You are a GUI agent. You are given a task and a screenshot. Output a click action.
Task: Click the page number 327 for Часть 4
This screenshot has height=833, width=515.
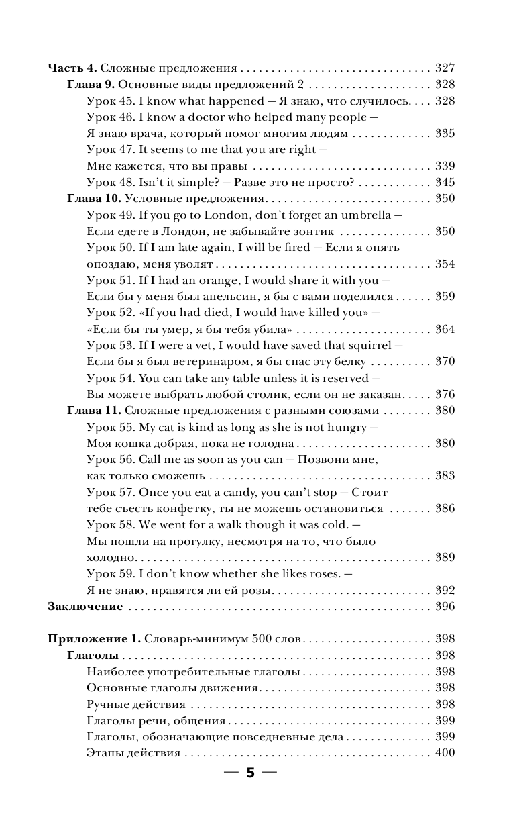445,68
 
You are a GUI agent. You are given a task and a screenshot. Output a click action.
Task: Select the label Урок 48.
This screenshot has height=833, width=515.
111,183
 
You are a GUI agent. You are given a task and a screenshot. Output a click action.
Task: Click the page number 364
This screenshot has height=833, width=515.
445,329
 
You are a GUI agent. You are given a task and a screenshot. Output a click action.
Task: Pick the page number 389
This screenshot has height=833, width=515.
445,558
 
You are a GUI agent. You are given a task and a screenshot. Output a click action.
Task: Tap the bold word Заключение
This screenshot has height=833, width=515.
85,607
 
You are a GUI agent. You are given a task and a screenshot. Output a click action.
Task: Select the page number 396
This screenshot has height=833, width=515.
445,607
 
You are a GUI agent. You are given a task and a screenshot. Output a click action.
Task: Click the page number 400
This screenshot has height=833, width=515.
445,753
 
